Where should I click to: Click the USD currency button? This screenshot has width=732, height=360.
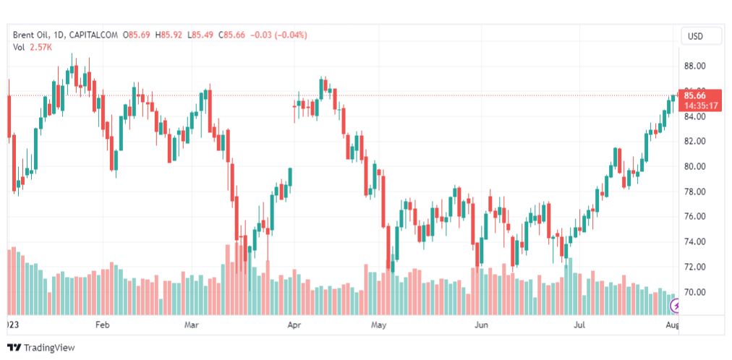[x=695, y=36]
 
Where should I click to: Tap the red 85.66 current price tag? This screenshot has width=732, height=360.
[x=701, y=95]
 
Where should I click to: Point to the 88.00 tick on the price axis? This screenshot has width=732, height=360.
[x=694, y=66]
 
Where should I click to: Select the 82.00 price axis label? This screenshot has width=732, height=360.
[x=694, y=141]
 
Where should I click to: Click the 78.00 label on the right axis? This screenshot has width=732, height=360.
[x=694, y=192]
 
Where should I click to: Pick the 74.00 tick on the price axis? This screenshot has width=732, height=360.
[x=694, y=241]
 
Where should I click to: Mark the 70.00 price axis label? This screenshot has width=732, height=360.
[x=694, y=292]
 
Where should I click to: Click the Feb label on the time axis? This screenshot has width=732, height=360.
[x=102, y=325]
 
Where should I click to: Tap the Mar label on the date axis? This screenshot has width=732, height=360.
[x=191, y=325]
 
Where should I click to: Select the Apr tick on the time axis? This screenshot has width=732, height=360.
[x=294, y=325]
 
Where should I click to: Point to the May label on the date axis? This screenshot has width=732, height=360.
[x=379, y=325]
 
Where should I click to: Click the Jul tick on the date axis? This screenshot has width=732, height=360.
[x=580, y=325]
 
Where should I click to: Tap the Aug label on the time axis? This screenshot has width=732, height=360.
[x=672, y=325]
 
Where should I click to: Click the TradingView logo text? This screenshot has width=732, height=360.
[x=49, y=348]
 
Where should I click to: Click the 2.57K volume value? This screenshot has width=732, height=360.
[x=42, y=47]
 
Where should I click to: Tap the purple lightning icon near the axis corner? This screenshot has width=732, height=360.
[x=676, y=307]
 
